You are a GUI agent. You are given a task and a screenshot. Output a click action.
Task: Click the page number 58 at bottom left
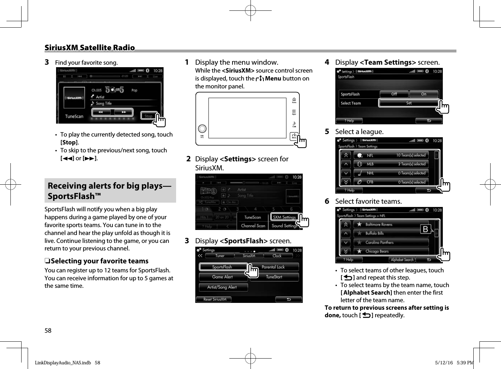pyautogui.click(x=48, y=331)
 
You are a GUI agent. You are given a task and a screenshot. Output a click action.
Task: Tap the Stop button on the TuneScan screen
pyautogui.click(x=148, y=116)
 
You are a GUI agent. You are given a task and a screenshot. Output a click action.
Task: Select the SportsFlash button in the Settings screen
pyautogui.click(x=222, y=267)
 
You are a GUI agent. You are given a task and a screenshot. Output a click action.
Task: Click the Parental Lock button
pyautogui.click(x=273, y=267)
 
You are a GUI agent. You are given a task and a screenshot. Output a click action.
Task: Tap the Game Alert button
pyautogui.click(x=222, y=277)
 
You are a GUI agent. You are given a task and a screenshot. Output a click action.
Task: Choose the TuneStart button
pyautogui.click(x=274, y=277)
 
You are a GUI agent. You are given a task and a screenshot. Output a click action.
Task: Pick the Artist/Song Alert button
pyautogui.click(x=222, y=287)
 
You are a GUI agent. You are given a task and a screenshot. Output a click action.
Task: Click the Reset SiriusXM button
pyautogui.click(x=215, y=299)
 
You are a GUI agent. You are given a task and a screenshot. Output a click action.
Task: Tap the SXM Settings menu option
pyautogui.click(x=284, y=217)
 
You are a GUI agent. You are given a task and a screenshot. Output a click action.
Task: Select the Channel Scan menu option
pyautogui.click(x=253, y=226)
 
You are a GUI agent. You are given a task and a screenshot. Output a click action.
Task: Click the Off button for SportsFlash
pyautogui.click(x=394, y=94)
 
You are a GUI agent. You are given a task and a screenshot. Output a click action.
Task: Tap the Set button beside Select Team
pyautogui.click(x=409, y=103)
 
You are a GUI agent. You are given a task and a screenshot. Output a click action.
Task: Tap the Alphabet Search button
pyautogui.click(x=402, y=260)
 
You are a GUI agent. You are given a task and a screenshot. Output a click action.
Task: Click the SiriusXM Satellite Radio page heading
pyautogui.click(x=89, y=48)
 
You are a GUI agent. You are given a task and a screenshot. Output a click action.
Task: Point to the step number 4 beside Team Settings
pyautogui.click(x=327, y=62)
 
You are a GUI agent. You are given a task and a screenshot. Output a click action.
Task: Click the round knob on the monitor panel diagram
pyautogui.click(x=202, y=129)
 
